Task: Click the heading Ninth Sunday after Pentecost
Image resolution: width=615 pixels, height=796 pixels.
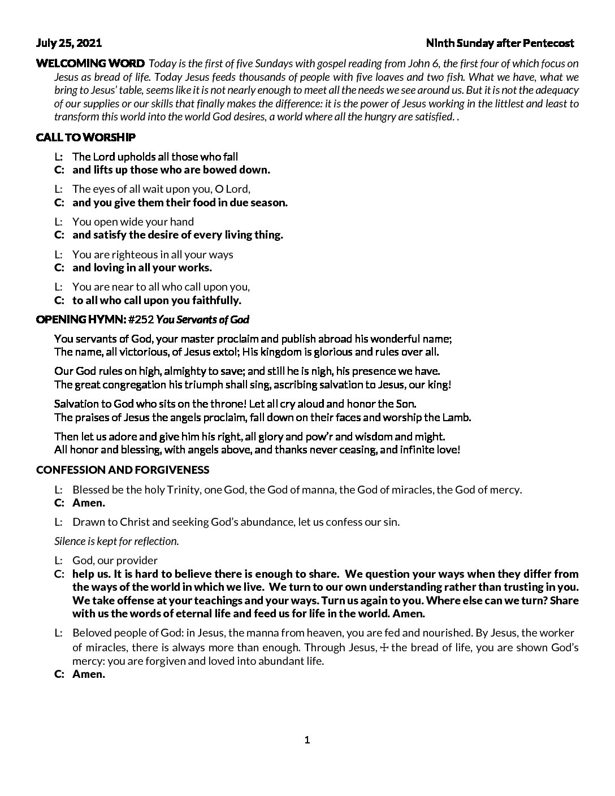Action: point(500,43)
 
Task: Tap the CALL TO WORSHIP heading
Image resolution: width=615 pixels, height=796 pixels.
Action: point(85,137)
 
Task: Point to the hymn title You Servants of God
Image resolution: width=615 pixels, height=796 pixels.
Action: point(202,320)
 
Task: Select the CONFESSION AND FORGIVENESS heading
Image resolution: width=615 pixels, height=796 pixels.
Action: point(123,470)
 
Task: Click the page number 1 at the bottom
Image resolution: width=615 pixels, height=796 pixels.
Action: point(307,740)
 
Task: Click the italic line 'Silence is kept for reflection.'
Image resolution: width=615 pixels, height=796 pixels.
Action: point(116,541)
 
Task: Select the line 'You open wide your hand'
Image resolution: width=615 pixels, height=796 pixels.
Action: point(133,222)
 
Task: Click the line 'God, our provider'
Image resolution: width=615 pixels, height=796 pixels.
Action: point(115,560)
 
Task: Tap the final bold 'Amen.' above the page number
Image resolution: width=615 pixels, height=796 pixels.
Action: point(89,674)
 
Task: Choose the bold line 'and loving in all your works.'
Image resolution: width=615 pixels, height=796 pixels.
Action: point(142,268)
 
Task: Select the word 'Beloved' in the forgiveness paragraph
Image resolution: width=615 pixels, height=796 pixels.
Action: point(90,633)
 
